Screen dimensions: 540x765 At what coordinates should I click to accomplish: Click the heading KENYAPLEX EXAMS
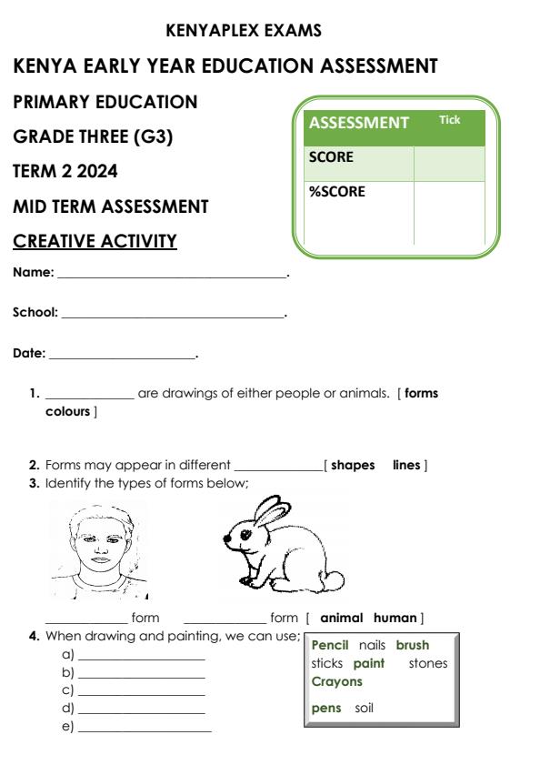tap(245, 31)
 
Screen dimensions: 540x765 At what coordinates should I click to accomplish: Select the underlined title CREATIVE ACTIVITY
tap(95, 242)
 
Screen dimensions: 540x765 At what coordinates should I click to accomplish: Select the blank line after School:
tap(173, 314)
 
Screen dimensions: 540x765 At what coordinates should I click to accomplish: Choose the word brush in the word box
tap(412, 645)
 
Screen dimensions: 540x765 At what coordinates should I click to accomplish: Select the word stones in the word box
tap(428, 663)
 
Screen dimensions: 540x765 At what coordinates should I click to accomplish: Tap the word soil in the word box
tap(365, 707)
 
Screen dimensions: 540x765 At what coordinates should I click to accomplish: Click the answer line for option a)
tap(142, 658)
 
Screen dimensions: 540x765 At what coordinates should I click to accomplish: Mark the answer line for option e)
tap(145, 731)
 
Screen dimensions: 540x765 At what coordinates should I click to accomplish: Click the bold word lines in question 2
tap(406, 466)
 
